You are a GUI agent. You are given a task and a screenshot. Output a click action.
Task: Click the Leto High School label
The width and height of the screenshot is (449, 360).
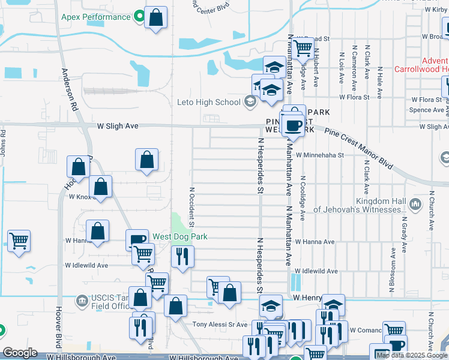[208, 102]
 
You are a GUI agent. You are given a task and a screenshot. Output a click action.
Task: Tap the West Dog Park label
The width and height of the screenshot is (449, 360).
[179, 236]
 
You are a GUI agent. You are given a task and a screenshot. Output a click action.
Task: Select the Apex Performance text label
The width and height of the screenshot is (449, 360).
[95, 17]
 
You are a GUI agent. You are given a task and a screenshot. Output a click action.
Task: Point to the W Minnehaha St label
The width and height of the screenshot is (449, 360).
[320, 155]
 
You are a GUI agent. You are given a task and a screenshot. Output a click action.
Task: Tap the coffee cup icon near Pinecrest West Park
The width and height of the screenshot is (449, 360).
[293, 125]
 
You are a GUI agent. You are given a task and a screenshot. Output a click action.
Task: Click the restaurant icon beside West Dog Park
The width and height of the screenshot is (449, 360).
[182, 256]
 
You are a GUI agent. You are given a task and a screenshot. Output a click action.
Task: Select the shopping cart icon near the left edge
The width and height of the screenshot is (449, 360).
[19, 241]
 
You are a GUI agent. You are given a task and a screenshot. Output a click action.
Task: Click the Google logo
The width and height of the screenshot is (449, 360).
[20, 353]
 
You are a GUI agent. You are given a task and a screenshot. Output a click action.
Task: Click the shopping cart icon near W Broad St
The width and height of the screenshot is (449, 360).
[304, 47]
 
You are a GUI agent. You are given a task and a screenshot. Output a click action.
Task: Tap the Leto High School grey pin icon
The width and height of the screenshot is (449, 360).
[249, 101]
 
